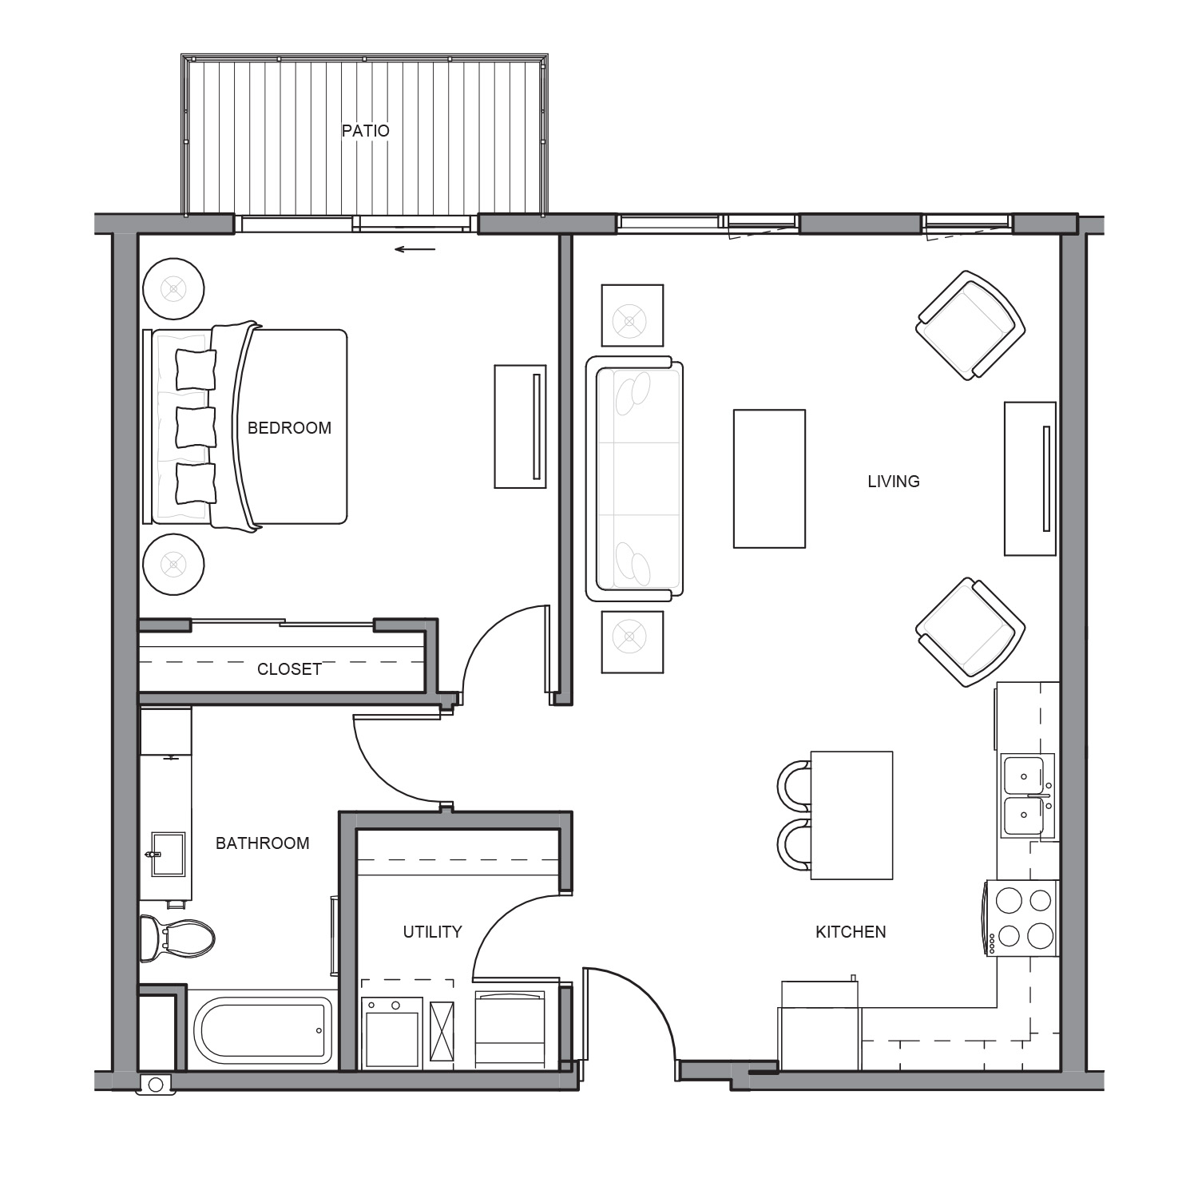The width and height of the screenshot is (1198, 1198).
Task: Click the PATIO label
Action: click(x=366, y=131)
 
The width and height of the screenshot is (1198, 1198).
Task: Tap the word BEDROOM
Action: click(x=289, y=428)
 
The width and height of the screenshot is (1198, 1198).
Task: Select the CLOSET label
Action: click(x=289, y=669)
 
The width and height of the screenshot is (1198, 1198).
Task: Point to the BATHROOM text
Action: click(x=262, y=843)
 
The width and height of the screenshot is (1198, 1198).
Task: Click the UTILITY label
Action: click(x=432, y=932)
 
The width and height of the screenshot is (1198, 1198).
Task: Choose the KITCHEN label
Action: click(x=851, y=932)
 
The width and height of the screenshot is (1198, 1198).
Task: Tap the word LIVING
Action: click(x=894, y=482)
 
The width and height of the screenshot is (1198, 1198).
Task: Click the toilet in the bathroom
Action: click(x=177, y=938)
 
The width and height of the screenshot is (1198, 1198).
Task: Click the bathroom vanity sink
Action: click(x=168, y=855)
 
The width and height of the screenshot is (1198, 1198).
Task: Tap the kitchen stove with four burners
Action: click(x=1023, y=918)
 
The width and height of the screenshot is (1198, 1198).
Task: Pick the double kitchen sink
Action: click(x=1028, y=795)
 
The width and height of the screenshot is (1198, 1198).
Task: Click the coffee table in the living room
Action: click(x=769, y=479)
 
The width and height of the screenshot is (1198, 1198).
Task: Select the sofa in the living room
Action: click(x=635, y=478)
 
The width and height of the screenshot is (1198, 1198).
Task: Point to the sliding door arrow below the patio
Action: click(x=415, y=249)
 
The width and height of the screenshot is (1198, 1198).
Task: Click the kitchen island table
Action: click(x=851, y=815)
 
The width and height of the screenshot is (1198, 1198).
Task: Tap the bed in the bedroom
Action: click(x=246, y=426)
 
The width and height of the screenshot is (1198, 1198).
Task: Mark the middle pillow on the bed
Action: click(x=196, y=427)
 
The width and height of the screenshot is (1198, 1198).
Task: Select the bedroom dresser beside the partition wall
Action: click(x=520, y=426)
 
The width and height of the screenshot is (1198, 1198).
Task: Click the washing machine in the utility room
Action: click(x=391, y=1033)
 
